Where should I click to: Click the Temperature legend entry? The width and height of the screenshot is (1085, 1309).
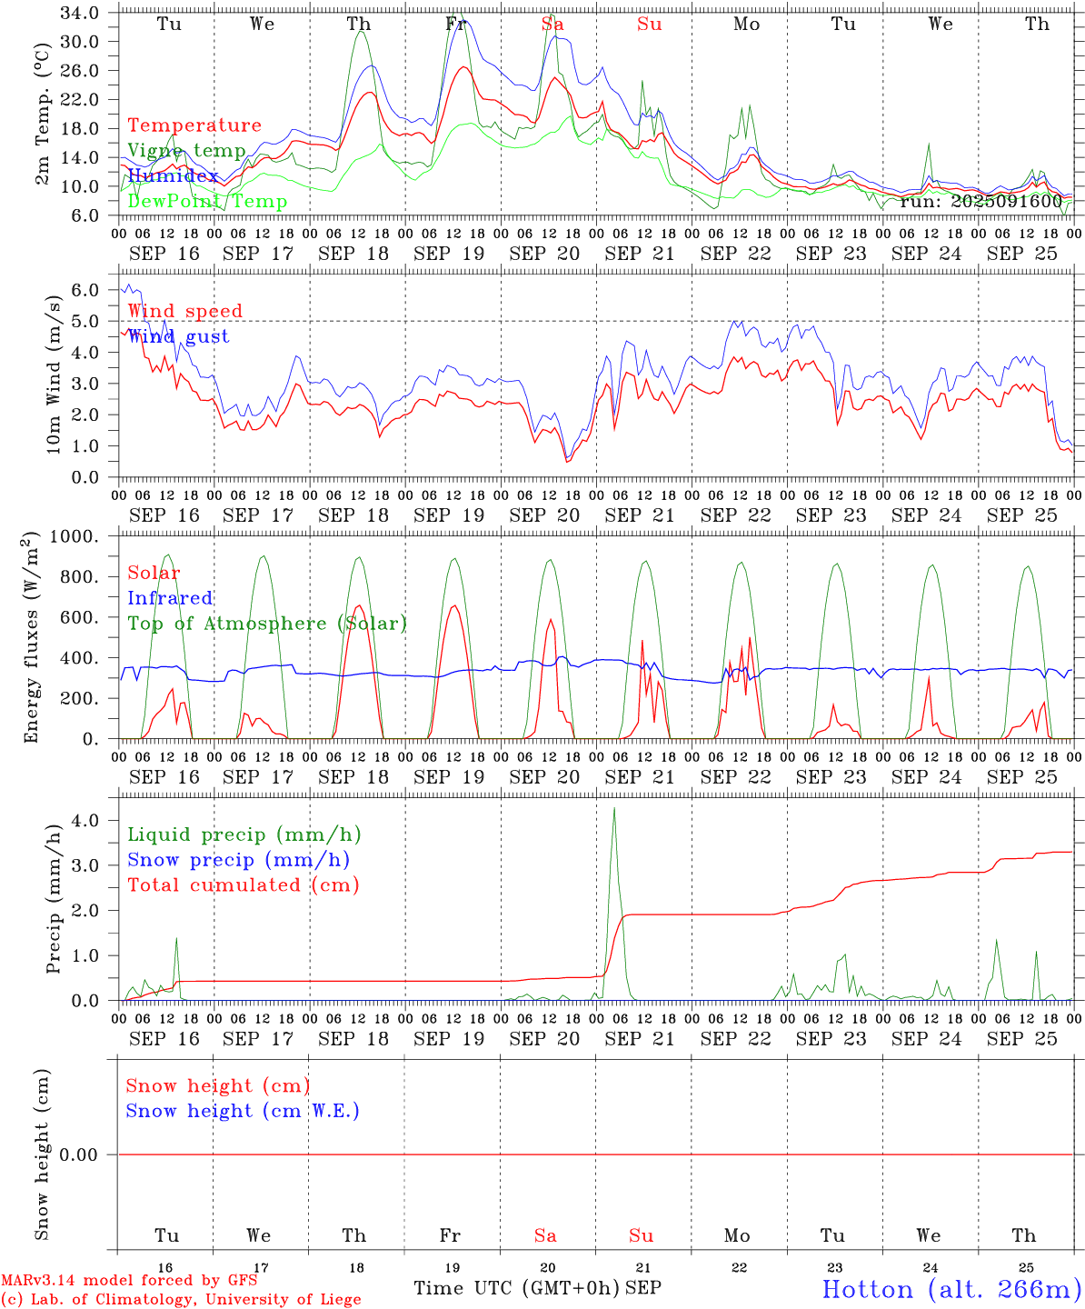pyautogui.click(x=194, y=125)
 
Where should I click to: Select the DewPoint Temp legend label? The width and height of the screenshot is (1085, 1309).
pyautogui.click(x=207, y=201)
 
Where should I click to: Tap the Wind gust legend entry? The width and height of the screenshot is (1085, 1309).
pyautogui.click(x=178, y=336)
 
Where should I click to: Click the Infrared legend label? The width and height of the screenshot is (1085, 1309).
pyautogui.click(x=170, y=598)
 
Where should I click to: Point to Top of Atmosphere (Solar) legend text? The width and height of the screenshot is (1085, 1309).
pyautogui.click(x=267, y=624)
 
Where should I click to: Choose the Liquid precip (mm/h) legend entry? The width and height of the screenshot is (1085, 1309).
pyautogui.click(x=244, y=834)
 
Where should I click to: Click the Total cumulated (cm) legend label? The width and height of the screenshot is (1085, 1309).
pyautogui.click(x=243, y=884)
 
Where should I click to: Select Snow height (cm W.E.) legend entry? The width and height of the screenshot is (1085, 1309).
pyautogui.click(x=243, y=1111)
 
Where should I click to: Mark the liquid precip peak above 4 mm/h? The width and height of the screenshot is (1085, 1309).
pyautogui.click(x=614, y=808)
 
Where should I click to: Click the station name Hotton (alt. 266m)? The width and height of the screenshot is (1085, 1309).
pyautogui.click(x=951, y=1289)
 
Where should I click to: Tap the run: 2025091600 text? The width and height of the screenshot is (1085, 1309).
pyautogui.click(x=980, y=201)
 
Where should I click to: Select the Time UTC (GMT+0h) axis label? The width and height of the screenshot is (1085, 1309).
pyautogui.click(x=516, y=1288)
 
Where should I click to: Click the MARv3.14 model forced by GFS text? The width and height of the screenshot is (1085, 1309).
pyautogui.click(x=129, y=1280)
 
